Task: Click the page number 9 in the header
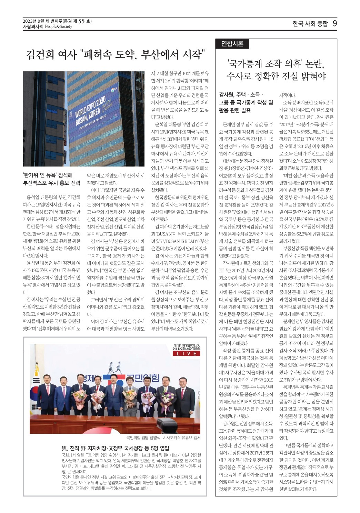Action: pyautogui.click(x=334, y=23)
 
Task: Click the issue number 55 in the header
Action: pyautogui.click(x=81, y=21)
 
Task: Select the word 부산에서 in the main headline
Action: pyautogui.click(x=160, y=54)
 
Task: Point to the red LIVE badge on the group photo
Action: pyautogui.click(x=186, y=353)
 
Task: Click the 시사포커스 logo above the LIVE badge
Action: pyautogui.click(x=186, y=347)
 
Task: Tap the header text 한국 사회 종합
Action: pyautogui.click(x=310, y=24)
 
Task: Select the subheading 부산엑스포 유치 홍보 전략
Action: pyautogui.click(x=51, y=183)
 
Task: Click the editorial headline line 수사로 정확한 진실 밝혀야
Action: pyautogui.click(x=276, y=76)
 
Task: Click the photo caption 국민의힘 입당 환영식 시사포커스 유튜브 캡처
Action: pyautogui.click(x=163, y=438)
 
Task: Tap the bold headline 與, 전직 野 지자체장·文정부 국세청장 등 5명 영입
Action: pyautogui.click(x=116, y=448)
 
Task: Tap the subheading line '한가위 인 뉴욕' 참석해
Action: pyautogui.click(x=48, y=175)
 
